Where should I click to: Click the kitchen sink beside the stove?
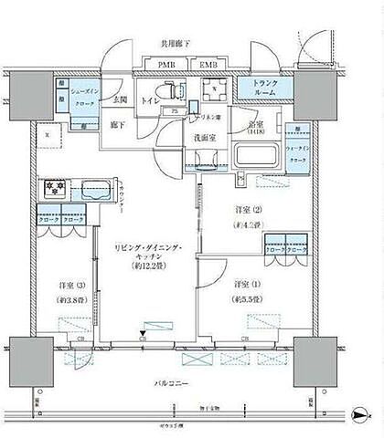94,192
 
